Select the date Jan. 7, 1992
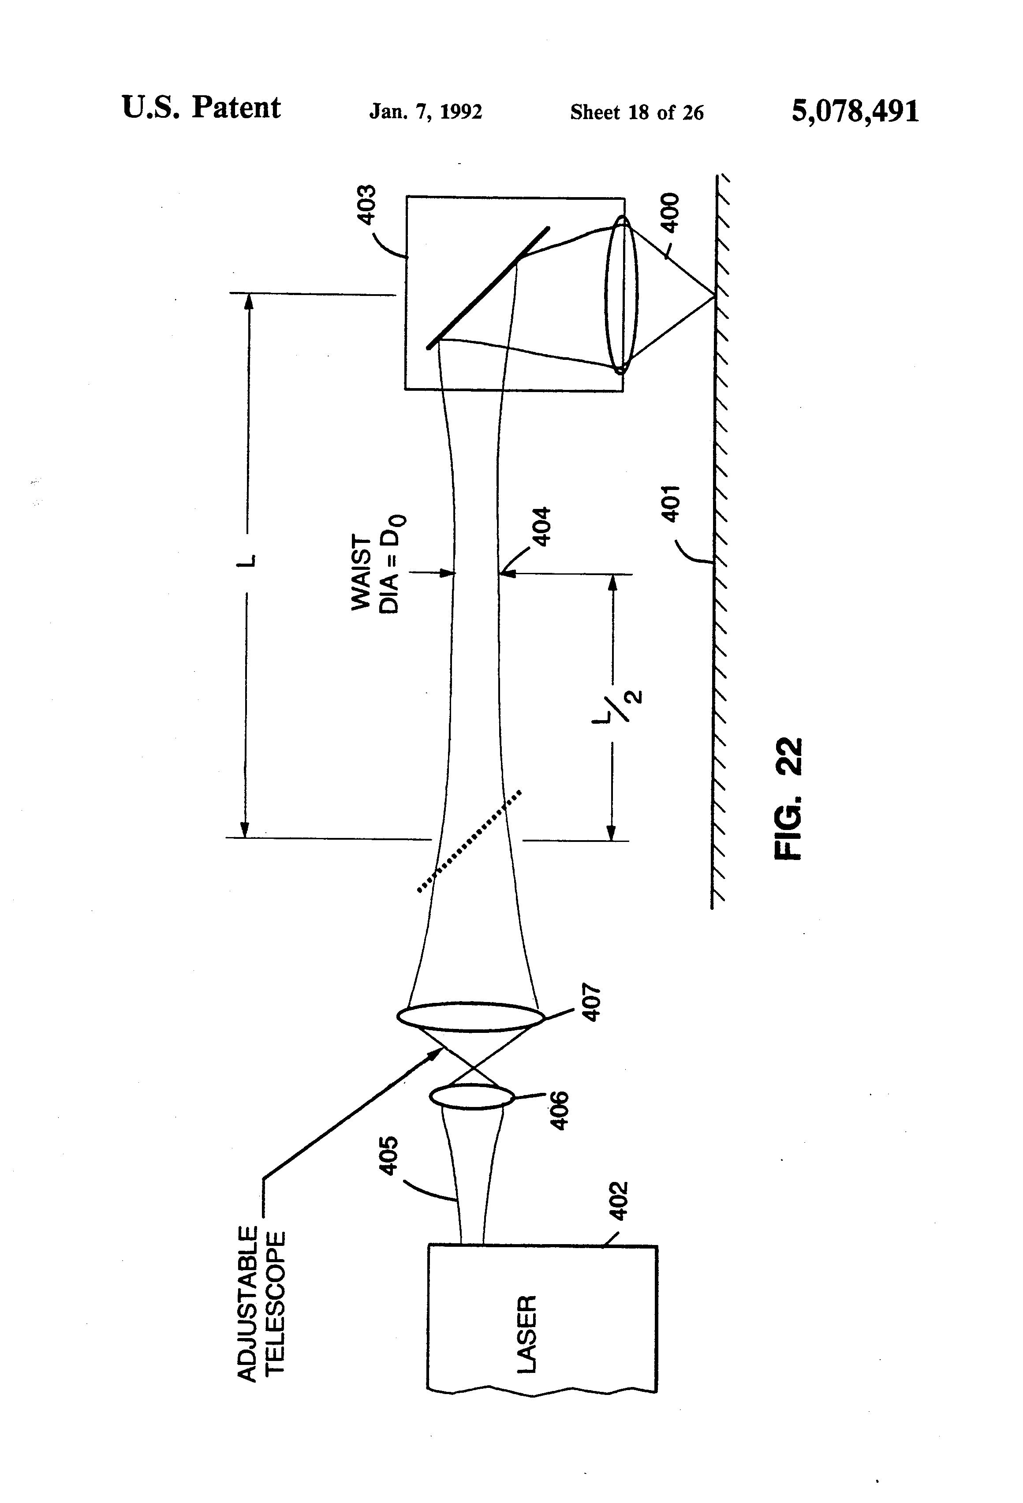(x=426, y=112)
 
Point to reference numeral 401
(x=672, y=503)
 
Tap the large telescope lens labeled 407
(x=470, y=1016)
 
